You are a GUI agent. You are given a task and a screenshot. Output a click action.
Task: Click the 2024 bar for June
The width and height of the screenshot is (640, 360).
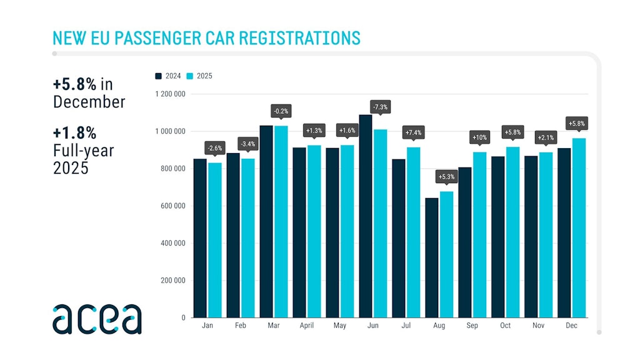pos(366,216)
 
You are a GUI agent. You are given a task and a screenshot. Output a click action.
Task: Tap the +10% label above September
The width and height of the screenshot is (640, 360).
pos(479,137)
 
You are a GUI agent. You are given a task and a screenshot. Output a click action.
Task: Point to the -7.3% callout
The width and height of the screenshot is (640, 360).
pos(380,107)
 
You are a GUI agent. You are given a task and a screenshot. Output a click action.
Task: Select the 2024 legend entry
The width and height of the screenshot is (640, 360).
pos(168,76)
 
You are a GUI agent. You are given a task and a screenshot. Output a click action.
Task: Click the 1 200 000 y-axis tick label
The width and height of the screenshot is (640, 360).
pos(170,94)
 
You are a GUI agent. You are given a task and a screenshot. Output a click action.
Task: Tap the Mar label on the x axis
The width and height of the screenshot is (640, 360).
pos(273,326)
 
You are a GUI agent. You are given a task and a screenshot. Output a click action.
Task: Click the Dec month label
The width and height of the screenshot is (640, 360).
pos(572,326)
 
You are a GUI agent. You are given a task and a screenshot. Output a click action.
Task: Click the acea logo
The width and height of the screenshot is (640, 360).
pos(97,319)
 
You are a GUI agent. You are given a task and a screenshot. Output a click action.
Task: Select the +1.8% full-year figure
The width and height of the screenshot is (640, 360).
pos(74,133)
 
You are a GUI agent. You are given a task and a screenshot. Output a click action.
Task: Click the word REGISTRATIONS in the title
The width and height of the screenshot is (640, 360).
pos(294,37)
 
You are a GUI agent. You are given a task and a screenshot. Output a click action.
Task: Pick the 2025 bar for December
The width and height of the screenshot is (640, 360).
pos(579,227)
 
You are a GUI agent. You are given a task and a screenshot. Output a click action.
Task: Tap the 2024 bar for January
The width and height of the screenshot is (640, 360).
pos(200,238)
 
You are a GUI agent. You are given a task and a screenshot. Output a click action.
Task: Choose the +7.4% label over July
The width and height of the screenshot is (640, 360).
pos(413,132)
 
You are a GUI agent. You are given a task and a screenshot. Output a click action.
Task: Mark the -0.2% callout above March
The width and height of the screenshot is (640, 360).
pos(281,112)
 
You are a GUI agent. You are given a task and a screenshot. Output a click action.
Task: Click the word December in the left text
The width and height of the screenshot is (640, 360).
pos(89,101)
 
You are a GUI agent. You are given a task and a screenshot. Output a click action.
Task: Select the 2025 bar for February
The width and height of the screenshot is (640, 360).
pos(247,238)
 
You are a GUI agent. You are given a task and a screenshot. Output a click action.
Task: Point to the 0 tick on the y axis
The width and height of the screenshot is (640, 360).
pos(183,317)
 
